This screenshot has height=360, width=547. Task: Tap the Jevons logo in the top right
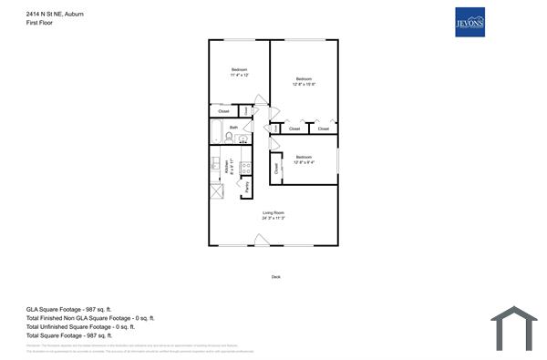(470, 23)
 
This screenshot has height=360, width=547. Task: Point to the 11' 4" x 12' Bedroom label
(239, 73)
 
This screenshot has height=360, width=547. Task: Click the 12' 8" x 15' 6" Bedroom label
(304, 81)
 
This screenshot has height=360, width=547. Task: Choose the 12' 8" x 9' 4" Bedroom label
(304, 159)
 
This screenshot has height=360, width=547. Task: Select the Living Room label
(273, 215)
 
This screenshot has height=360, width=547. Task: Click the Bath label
(233, 128)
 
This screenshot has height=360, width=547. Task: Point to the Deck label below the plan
(276, 277)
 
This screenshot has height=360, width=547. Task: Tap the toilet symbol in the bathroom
(230, 139)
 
